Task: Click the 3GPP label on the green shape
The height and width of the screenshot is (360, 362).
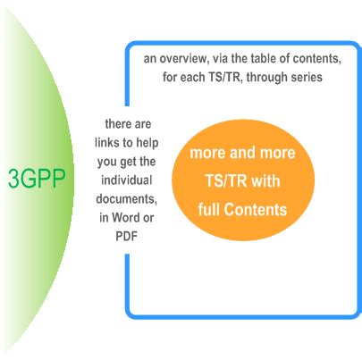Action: (37, 178)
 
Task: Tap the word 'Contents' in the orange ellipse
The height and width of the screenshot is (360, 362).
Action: (257, 211)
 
